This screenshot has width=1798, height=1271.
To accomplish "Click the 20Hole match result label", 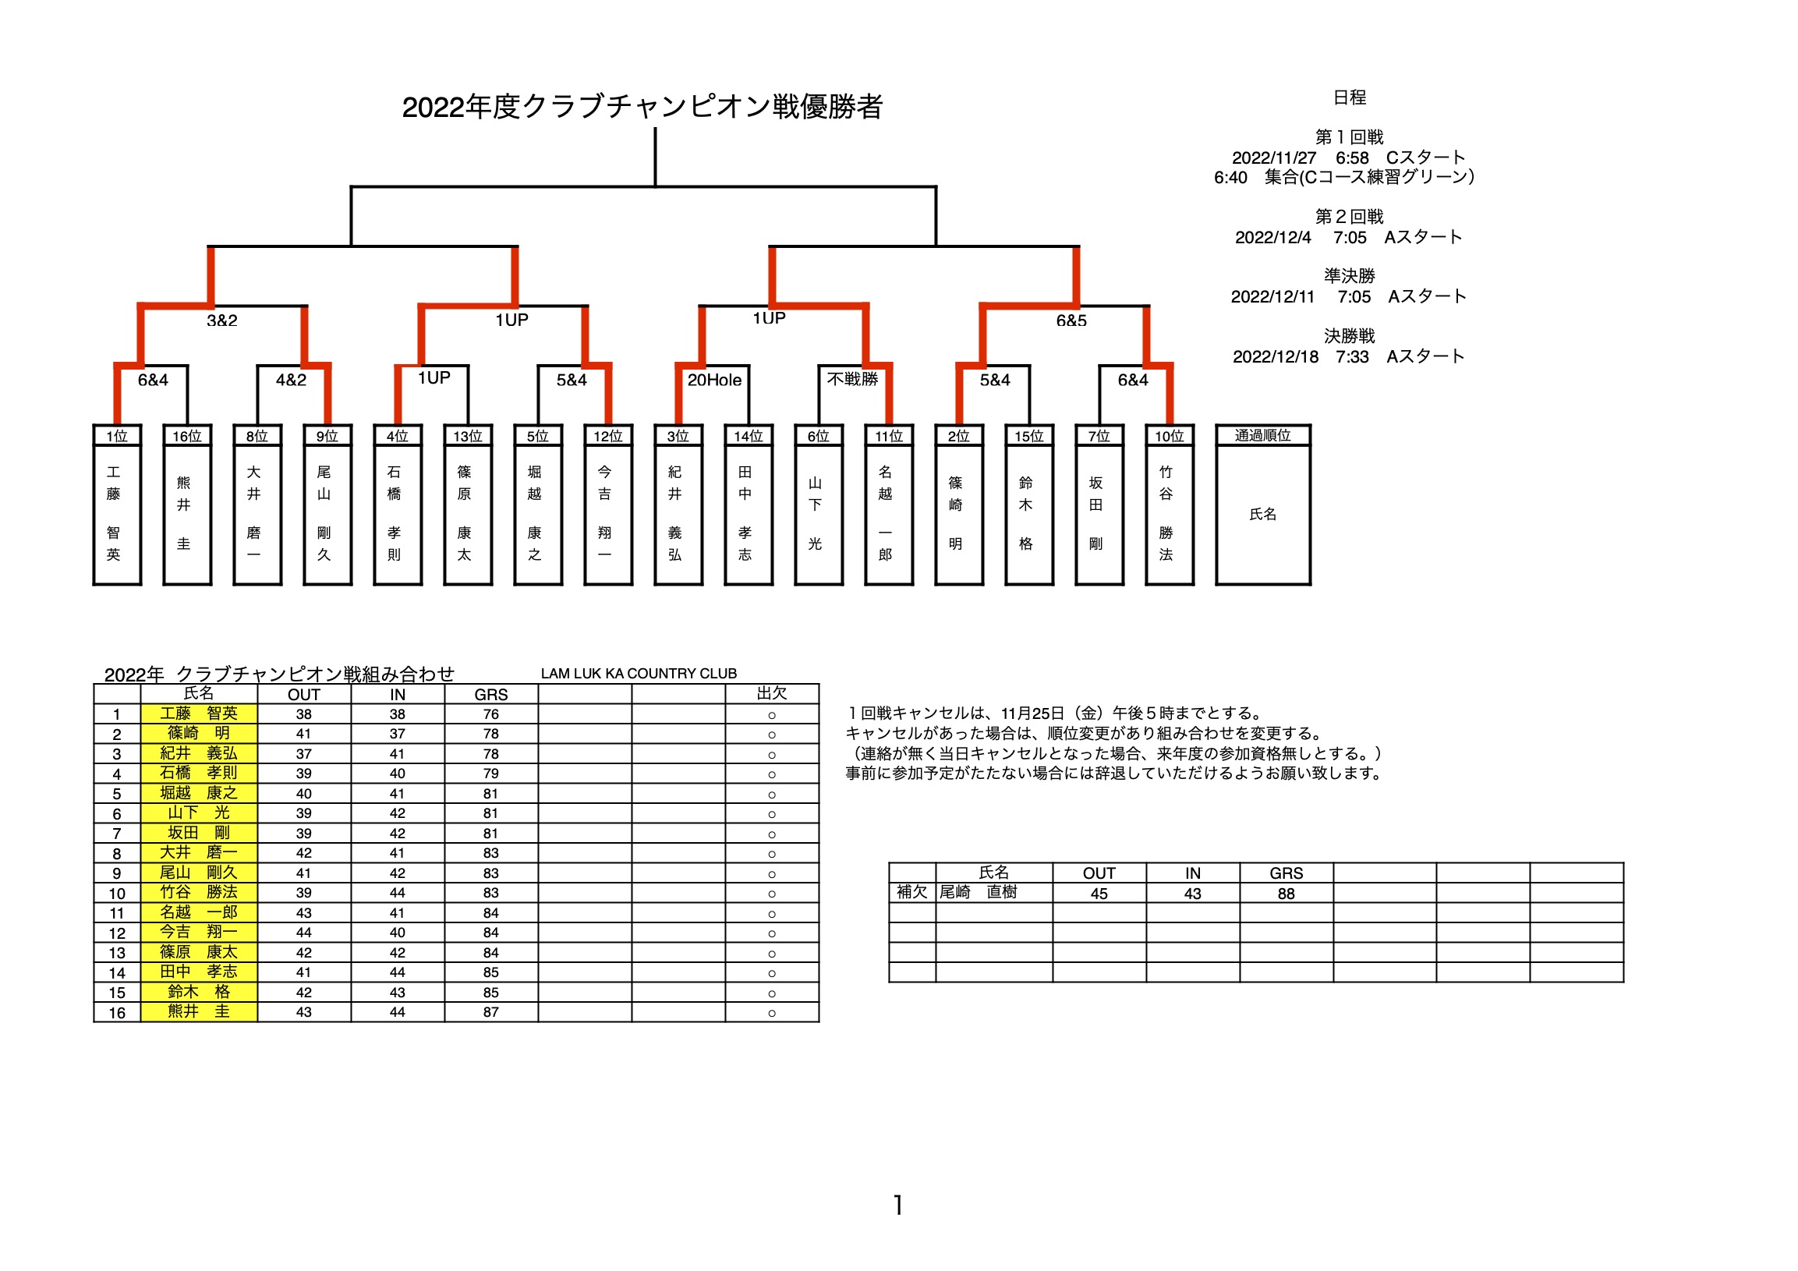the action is [714, 381].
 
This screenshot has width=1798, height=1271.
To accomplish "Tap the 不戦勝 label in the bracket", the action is [853, 380].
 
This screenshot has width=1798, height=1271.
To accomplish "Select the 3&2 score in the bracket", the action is [222, 320].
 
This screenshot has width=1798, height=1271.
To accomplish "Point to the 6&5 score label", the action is [1071, 320].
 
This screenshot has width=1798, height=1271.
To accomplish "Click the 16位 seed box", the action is [187, 436].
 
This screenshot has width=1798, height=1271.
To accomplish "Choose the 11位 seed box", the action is [889, 436].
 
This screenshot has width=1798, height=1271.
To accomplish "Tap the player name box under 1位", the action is [117, 515].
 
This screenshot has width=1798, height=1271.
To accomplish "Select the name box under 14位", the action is [749, 515].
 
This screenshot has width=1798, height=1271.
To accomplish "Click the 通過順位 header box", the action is [1263, 435].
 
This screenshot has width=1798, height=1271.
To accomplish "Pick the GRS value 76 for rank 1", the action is [491, 714].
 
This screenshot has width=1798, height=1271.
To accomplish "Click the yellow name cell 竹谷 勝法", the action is [199, 893].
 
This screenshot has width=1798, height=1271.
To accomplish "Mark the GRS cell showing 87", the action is [491, 1013].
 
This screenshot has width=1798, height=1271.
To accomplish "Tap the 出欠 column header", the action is [772, 694].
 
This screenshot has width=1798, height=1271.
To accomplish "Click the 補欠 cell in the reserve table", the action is [912, 893].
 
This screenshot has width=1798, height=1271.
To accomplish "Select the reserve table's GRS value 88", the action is [1287, 894].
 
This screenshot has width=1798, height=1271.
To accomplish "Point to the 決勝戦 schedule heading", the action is [1350, 337].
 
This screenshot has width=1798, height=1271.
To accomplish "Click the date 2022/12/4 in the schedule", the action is [1273, 238].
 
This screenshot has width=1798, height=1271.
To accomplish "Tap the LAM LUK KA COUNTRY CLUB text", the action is [639, 674].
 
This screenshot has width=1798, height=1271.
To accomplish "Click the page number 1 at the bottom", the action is [898, 1205].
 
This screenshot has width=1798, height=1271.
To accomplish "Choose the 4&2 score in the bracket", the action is [292, 381].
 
